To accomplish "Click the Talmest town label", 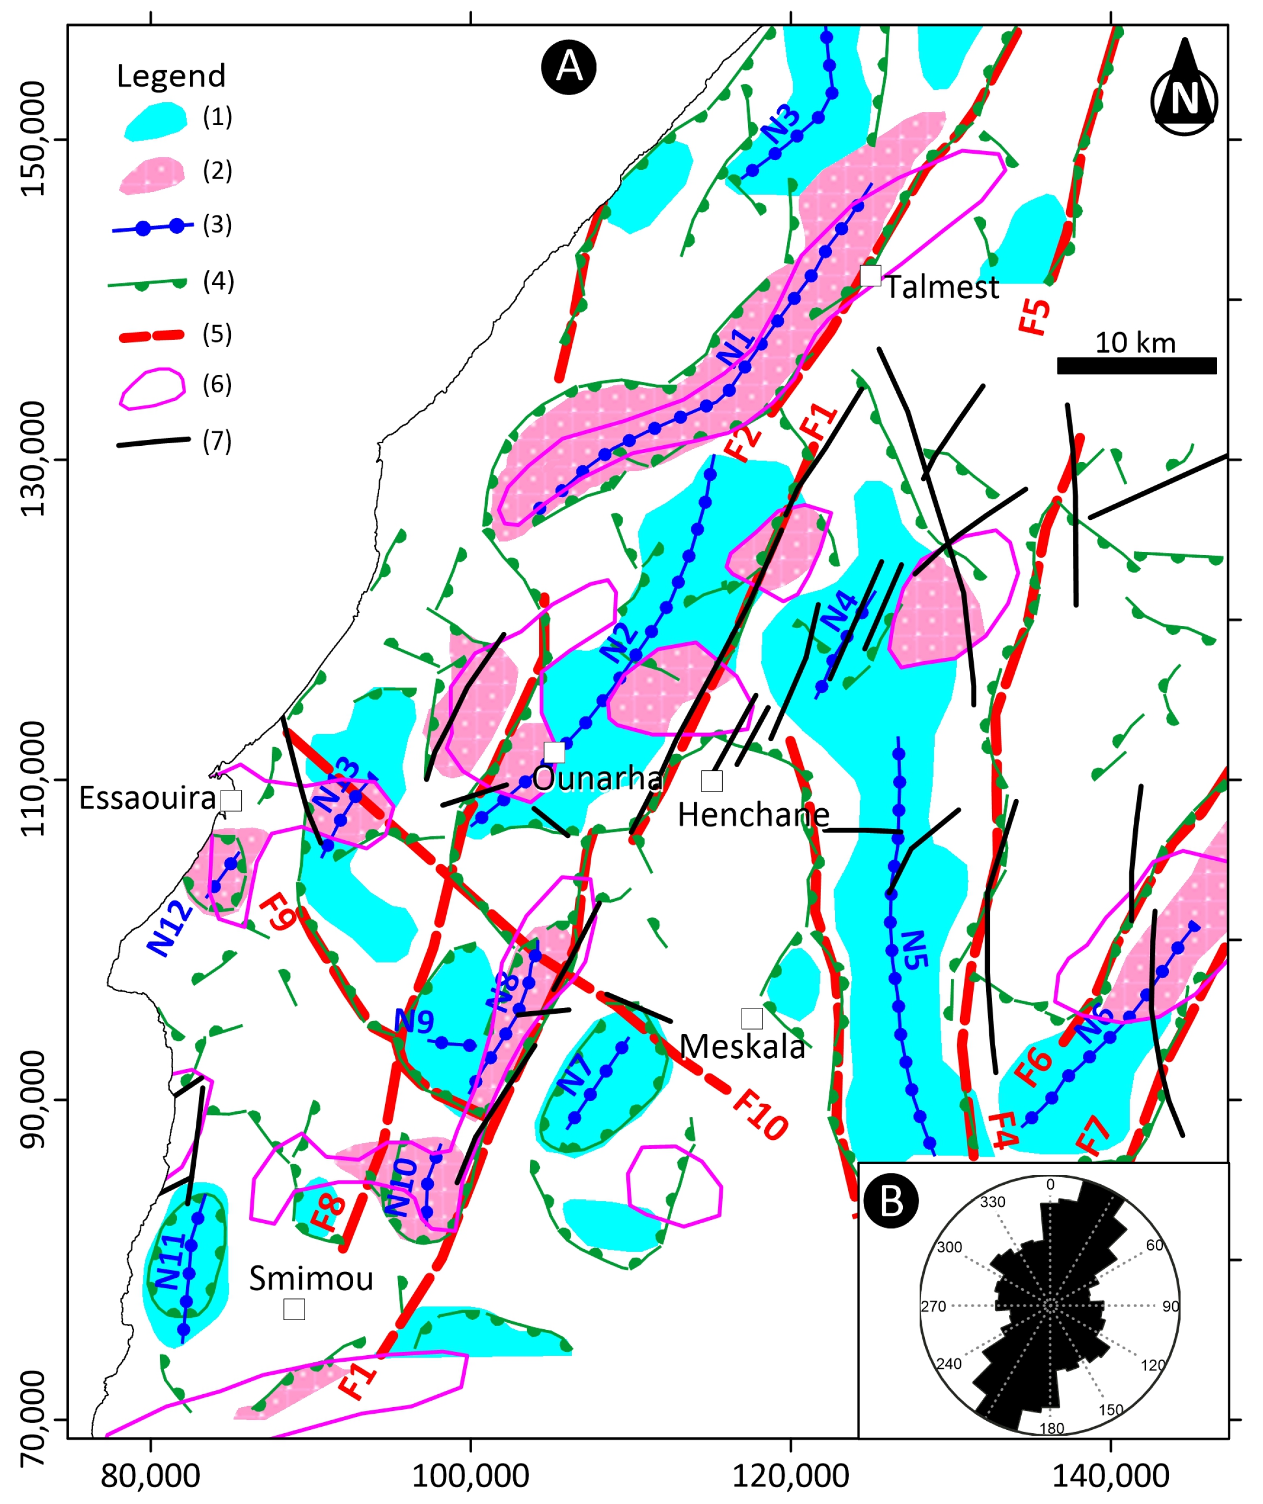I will pos(942,288).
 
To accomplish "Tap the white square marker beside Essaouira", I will pos(232,800).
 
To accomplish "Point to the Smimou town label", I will pos(312,1278).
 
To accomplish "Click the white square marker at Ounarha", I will pos(554,752).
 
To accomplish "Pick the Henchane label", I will pos(753,815).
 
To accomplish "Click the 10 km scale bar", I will pos(1136,365).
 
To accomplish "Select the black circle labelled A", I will pos(568,67).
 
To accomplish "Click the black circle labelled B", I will pos(891,1199).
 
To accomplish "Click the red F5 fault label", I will pos(1035,316).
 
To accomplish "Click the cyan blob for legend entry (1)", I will pos(155,120).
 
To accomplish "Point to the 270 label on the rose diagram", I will pos(933,1307).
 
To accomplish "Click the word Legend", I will pos(170,76).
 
